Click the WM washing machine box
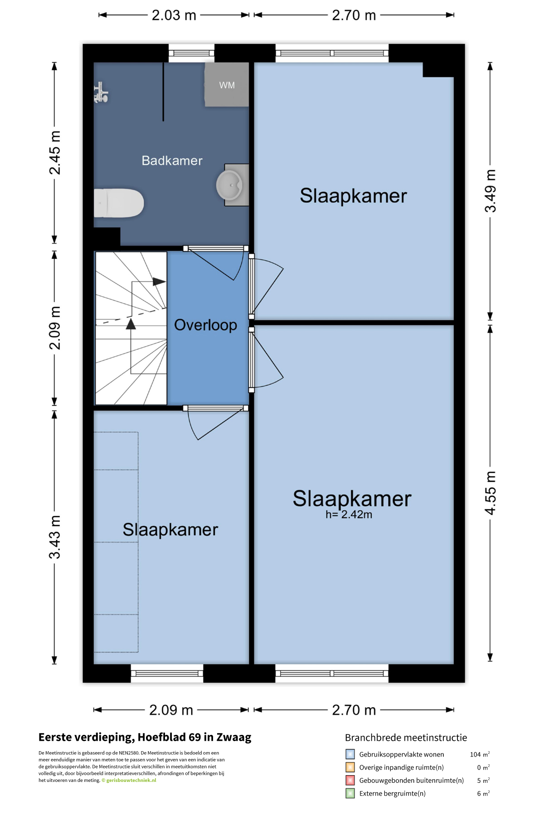227,85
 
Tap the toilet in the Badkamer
119,203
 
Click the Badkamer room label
172,161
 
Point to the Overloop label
205,325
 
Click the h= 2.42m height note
349,514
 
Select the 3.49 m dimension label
491,191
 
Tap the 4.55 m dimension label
491,493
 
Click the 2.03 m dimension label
174,15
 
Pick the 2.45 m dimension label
55,153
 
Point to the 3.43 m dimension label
55,537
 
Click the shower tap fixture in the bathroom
101,93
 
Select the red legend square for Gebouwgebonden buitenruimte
350,780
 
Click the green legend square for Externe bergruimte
350,793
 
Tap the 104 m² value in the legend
480,754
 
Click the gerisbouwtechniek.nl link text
131,780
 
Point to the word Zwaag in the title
234,737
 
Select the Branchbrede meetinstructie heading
406,738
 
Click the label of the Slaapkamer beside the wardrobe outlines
170,530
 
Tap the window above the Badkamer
191,53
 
